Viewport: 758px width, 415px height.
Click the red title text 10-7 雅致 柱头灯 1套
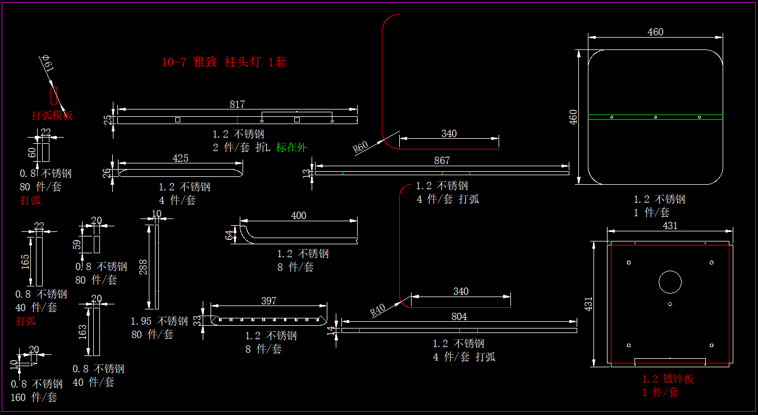click(x=223, y=62)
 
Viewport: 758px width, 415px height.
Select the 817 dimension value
click(x=237, y=104)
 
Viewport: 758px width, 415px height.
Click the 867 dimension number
click(x=442, y=161)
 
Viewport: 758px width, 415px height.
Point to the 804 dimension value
click(x=459, y=317)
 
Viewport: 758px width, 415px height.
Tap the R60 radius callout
click(x=360, y=147)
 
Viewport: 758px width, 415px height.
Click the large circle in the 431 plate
click(x=670, y=282)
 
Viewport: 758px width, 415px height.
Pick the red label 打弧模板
click(x=52, y=116)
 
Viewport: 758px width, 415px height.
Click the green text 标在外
click(x=291, y=148)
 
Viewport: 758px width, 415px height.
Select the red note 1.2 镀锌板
click(x=668, y=379)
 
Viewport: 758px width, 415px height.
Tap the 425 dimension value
click(x=180, y=158)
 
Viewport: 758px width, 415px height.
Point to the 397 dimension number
click(x=269, y=301)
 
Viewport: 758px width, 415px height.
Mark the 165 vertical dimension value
click(x=26, y=262)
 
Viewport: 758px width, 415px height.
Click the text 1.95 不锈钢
click(x=159, y=321)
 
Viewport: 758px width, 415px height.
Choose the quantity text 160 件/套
click(x=34, y=398)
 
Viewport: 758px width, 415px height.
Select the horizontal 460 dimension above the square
click(x=655, y=32)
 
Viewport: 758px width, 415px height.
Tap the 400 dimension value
click(x=299, y=216)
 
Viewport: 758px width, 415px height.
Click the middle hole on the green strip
click(x=655, y=117)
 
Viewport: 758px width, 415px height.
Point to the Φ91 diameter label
click(x=48, y=64)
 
